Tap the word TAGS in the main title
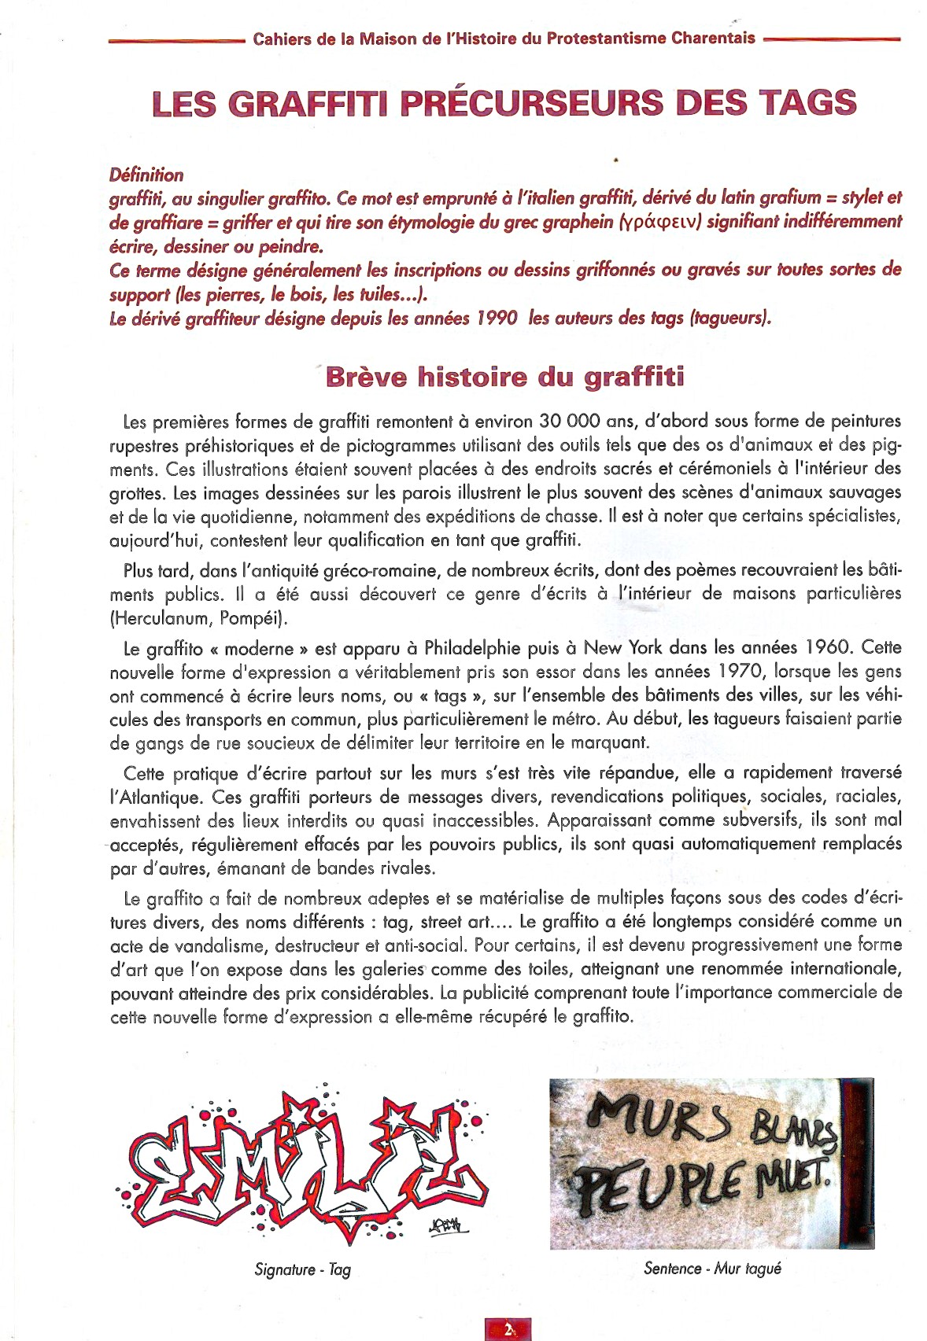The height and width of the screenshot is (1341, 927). (807, 103)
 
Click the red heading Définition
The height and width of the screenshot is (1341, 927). (146, 175)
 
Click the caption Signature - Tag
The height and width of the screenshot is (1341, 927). (303, 1269)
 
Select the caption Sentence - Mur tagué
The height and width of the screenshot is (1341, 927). (712, 1267)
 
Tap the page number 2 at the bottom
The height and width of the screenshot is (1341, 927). (508, 1329)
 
